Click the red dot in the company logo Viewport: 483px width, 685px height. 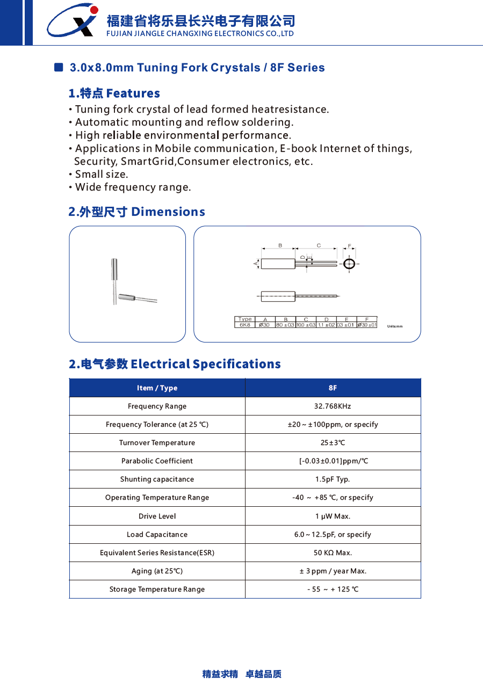point(94,10)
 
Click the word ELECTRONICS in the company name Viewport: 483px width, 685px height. point(235,34)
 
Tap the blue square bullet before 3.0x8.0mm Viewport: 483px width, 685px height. point(59,67)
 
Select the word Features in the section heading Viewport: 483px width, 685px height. point(133,93)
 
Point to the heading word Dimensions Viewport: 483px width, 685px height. point(168,212)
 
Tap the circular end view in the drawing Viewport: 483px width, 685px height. point(349,264)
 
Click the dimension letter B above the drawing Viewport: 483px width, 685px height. point(280,246)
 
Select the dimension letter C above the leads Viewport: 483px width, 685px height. point(319,246)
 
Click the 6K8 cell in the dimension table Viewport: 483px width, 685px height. point(245,325)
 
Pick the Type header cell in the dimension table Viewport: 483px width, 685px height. point(245,319)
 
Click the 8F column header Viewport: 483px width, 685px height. point(333,388)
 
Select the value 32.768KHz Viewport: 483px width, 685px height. point(333,406)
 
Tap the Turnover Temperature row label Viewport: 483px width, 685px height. point(157,443)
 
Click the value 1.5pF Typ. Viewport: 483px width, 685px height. point(333,479)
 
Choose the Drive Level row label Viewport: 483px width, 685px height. point(157,516)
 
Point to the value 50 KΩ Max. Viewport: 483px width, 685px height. point(333,553)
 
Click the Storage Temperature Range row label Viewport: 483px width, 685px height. point(157,589)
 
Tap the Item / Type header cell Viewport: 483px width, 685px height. point(157,388)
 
